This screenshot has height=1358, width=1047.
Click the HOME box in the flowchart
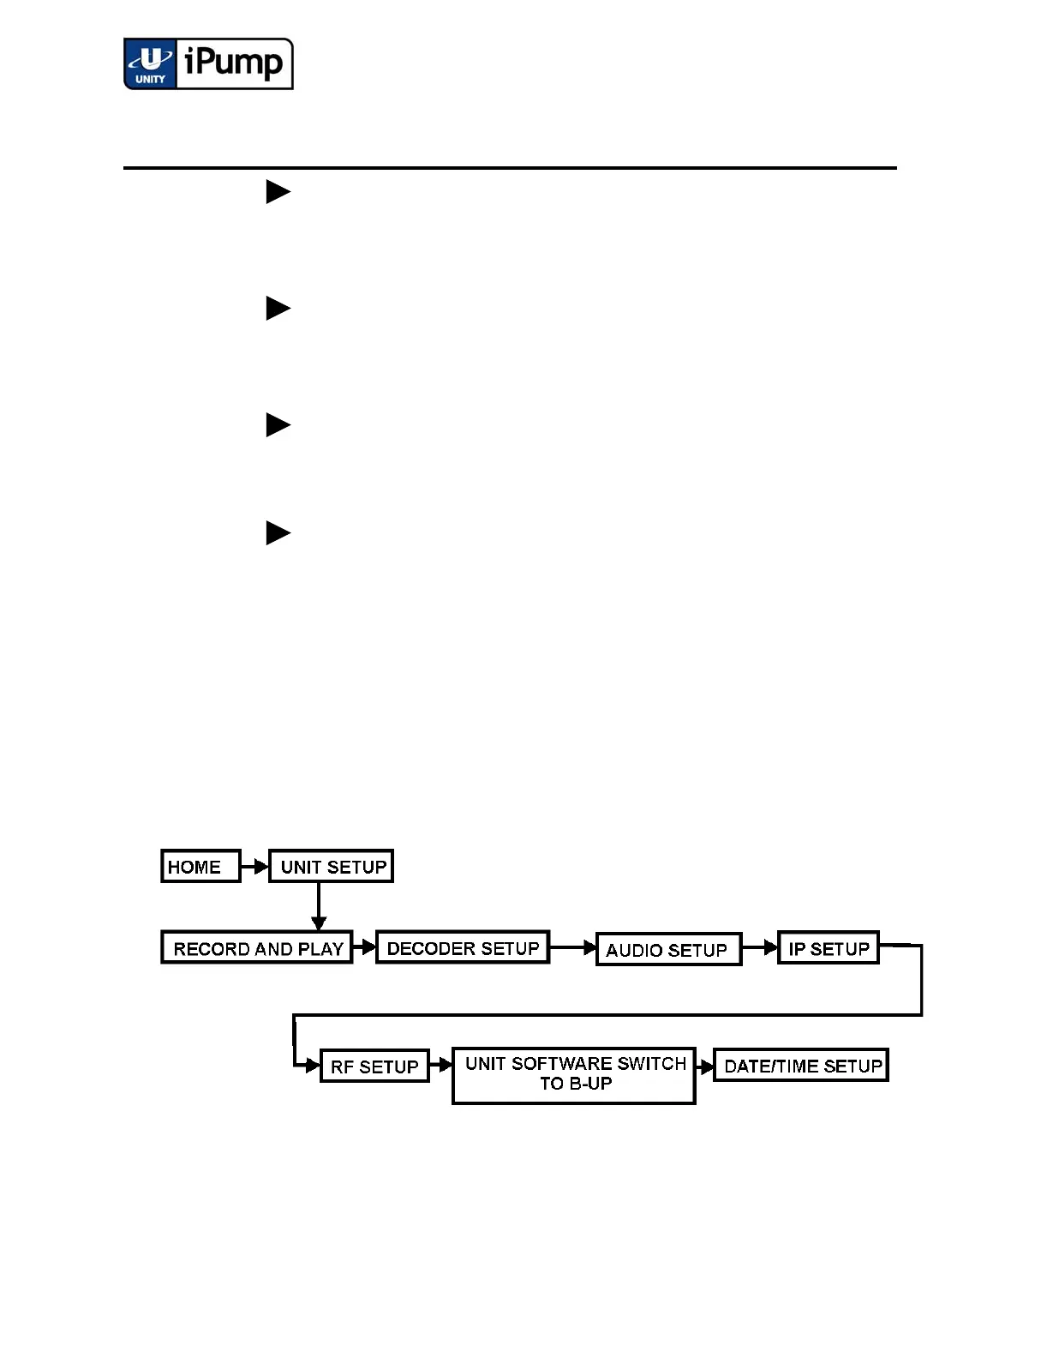[x=200, y=866]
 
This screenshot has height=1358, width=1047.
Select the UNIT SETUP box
[x=332, y=866]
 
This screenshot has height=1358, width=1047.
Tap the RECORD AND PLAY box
[x=257, y=948]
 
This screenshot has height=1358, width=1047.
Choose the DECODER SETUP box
[x=463, y=947]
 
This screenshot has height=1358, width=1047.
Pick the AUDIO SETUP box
[x=668, y=949]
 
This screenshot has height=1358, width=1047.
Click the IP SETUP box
[x=829, y=948]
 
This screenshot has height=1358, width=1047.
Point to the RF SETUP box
[x=374, y=1067]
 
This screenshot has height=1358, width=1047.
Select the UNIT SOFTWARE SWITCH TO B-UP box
[x=574, y=1074]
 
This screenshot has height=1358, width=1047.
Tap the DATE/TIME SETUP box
[x=801, y=1066]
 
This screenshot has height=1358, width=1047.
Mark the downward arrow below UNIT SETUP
[x=319, y=909]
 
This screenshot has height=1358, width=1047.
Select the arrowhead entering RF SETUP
[x=312, y=1067]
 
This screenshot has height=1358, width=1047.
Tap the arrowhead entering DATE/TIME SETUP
[x=706, y=1067]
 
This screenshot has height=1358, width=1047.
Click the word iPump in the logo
[x=234, y=63]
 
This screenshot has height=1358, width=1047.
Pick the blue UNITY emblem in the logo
[x=151, y=64]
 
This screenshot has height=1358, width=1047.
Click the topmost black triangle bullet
[x=278, y=191]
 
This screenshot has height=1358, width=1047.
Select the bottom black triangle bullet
[x=278, y=533]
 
